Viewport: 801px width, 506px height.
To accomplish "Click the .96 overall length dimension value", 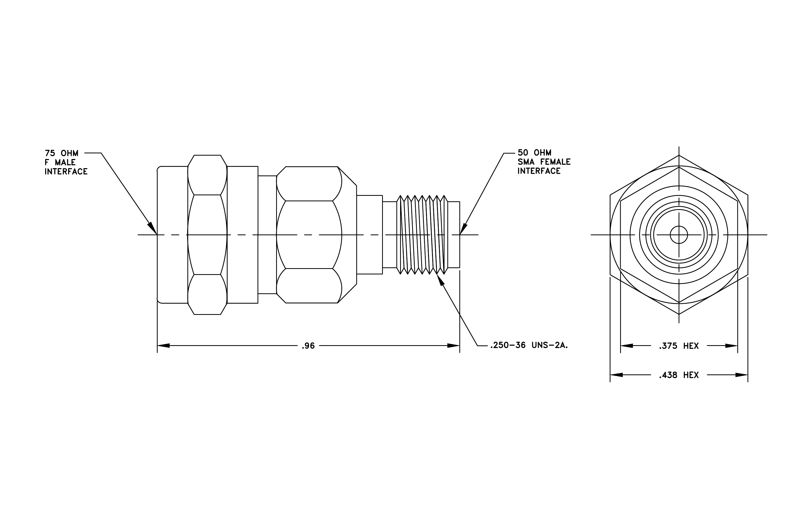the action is coord(308,346).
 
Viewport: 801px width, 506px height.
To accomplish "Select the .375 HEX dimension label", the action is coord(679,346).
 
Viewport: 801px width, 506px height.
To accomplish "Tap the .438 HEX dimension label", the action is coord(679,375).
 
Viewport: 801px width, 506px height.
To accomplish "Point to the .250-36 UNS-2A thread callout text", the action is coord(529,345).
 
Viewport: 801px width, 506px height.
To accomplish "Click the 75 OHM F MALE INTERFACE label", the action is coord(66,162).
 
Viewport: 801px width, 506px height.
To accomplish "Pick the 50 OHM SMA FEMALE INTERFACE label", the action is coord(544,162).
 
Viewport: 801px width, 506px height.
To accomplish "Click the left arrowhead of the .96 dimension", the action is coord(163,346).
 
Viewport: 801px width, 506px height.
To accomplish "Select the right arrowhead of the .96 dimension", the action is coord(453,346).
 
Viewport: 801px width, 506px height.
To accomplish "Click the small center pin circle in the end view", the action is coord(679,235).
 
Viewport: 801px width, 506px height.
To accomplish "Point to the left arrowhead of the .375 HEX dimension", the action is coord(627,346).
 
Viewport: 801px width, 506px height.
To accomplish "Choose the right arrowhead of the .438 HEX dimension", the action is coord(742,375).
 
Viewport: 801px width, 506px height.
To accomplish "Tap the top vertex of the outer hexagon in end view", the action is coord(679,155).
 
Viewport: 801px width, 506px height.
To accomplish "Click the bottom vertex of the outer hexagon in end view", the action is coord(679,314).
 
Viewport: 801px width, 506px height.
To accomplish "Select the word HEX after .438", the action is coord(691,375).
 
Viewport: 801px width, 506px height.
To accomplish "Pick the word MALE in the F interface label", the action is coord(66,162).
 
